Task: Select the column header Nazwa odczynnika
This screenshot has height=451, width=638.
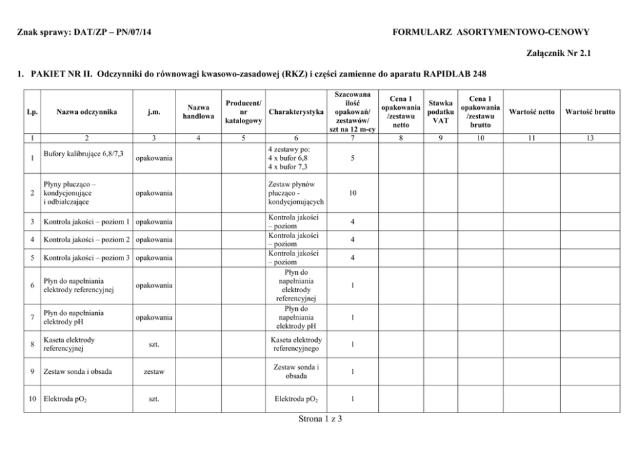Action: click(x=86, y=112)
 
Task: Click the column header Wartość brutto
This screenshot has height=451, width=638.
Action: click(x=590, y=112)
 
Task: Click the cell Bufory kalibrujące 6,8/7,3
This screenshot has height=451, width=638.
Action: click(x=84, y=155)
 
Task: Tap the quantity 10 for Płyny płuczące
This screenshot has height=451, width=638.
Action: click(x=352, y=192)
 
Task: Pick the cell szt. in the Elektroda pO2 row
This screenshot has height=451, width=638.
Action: click(x=154, y=399)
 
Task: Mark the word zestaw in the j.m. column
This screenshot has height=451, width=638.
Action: click(x=154, y=372)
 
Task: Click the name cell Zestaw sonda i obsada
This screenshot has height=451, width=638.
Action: click(x=76, y=372)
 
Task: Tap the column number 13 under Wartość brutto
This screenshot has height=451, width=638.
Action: click(x=590, y=138)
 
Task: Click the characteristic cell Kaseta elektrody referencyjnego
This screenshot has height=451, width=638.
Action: click(x=296, y=344)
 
